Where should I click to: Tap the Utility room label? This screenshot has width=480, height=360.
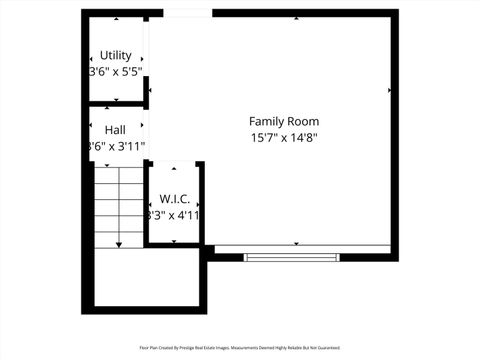116,55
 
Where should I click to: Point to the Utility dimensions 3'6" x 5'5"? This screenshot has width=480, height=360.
116,72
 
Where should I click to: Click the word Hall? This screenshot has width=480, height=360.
115,130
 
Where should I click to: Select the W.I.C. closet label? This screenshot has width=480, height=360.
174,199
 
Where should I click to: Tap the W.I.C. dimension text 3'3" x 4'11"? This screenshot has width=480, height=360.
174,215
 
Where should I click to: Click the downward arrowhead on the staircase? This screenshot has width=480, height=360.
119,243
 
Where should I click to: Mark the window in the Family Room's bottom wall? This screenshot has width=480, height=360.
291,258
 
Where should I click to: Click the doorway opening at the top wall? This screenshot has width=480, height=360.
186,13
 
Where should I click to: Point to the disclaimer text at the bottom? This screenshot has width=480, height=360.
240,349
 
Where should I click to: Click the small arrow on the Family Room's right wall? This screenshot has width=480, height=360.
389,90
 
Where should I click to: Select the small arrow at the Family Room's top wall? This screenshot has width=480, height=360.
296,19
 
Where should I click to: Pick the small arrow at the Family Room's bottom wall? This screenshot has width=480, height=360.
296,243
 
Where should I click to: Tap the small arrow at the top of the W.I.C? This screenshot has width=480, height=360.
175,167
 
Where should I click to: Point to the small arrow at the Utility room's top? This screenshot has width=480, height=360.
116,19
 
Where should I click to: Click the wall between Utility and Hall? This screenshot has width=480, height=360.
116,104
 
